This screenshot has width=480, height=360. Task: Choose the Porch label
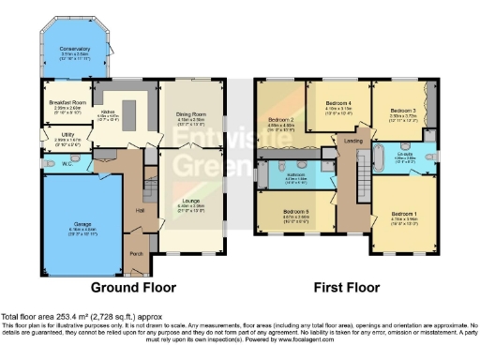coord(136,252)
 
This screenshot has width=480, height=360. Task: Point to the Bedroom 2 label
coord(281,120)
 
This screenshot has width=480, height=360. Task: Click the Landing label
coord(353,142)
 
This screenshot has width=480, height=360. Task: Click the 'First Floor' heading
coord(348,288)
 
